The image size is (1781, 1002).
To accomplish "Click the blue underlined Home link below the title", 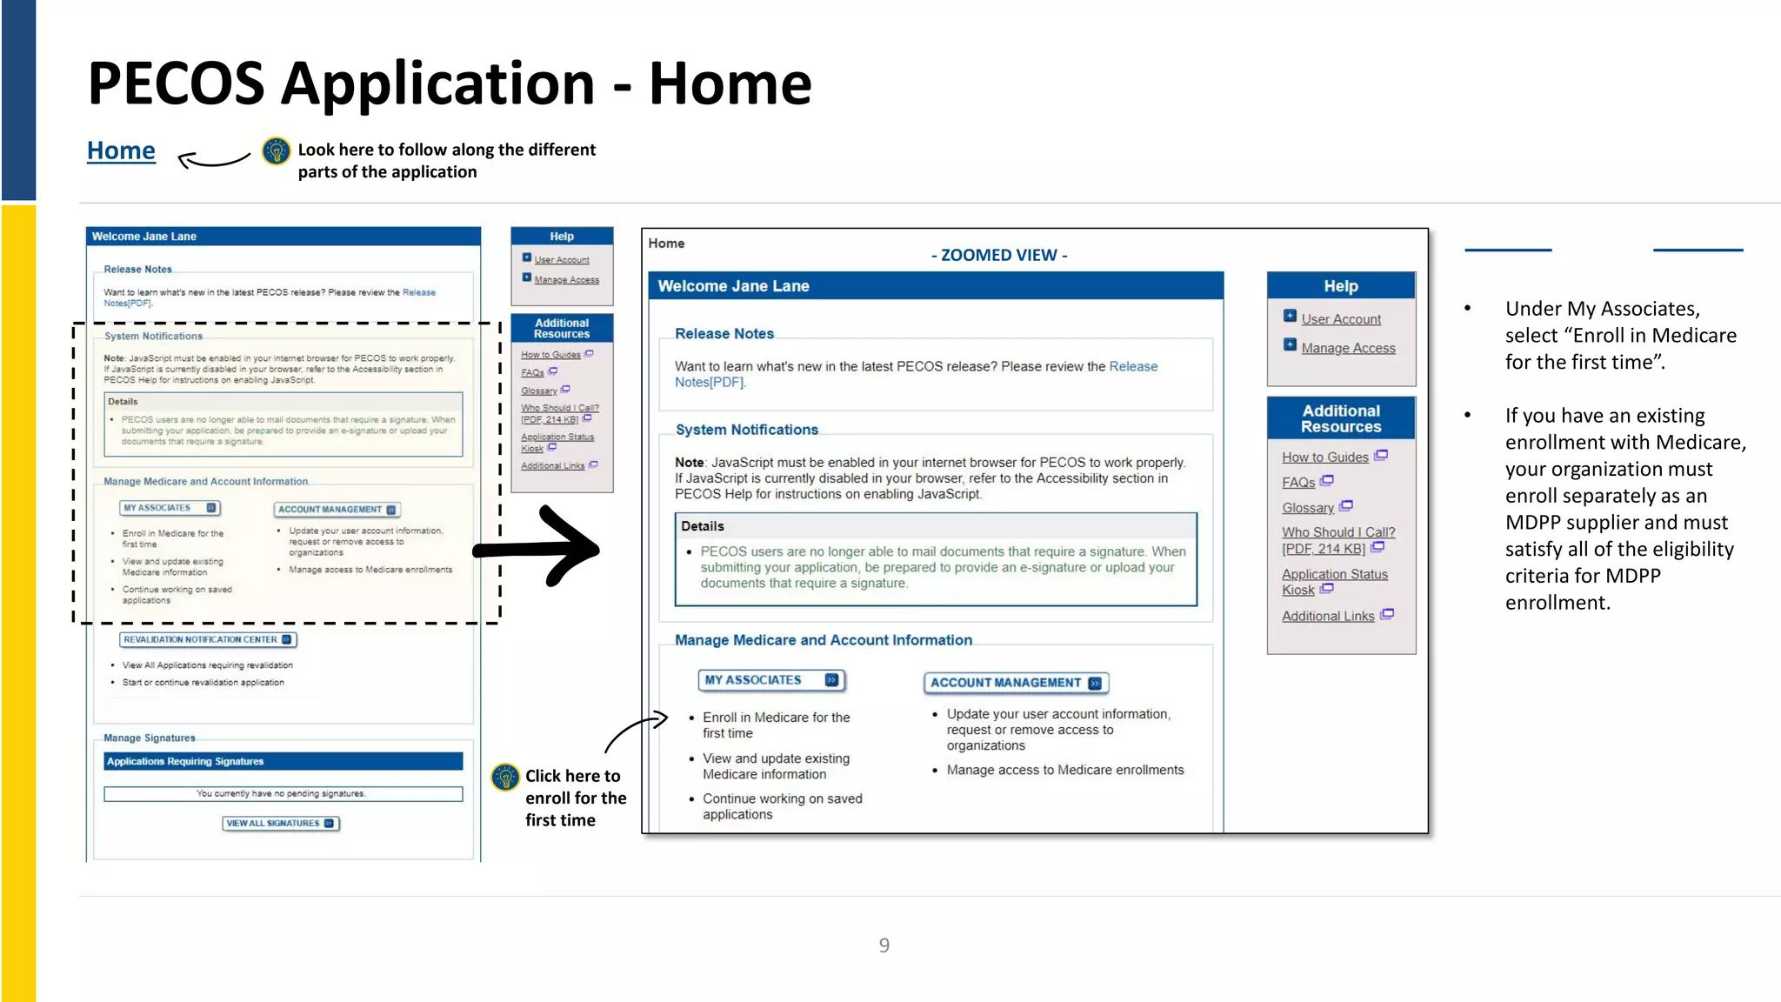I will coord(121,150).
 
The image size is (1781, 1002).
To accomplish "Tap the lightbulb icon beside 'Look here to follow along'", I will coord(277,151).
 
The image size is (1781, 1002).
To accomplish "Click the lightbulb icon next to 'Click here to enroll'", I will coord(505,777).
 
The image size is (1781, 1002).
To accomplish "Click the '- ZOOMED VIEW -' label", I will coord(999,255).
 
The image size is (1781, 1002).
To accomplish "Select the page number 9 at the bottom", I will coord(884,945).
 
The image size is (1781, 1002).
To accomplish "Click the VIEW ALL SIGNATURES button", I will coord(280,823).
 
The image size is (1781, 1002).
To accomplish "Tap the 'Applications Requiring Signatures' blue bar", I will coord(283,761).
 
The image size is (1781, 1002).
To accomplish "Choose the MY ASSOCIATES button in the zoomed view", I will coord(770,680).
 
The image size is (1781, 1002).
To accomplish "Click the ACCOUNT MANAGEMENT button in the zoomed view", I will coord(1015,683).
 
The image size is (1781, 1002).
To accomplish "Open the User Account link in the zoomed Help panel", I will coord(1340,319).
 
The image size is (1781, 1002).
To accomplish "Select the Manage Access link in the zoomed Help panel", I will coord(1348,348).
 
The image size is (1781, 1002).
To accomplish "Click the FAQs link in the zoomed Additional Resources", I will coord(1298,483).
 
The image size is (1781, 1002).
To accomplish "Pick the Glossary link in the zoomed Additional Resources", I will coord(1307,508).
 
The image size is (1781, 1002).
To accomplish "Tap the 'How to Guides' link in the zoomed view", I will coord(1324,458).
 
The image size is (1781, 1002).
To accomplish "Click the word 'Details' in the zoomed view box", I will coord(703,526).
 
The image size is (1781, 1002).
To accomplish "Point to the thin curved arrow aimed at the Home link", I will coord(213,159).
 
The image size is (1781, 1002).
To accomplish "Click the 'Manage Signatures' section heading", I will coord(150,738).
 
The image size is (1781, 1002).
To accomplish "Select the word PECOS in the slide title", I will coord(177,83).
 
